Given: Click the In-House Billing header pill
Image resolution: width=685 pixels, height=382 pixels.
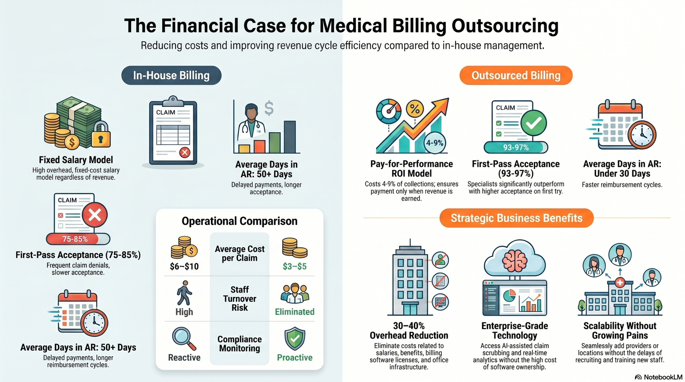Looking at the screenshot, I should [171, 75].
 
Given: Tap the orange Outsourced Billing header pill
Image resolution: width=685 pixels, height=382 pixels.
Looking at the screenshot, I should [516, 75].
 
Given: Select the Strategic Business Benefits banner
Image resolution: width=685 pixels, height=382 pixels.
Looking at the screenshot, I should [516, 218].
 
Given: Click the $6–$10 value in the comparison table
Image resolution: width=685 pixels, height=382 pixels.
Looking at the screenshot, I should [184, 267].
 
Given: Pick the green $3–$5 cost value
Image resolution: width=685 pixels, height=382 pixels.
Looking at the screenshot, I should [295, 267].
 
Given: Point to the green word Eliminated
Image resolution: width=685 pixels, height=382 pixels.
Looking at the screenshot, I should [295, 312].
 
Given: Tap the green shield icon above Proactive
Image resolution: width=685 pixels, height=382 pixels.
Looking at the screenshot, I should [295, 339].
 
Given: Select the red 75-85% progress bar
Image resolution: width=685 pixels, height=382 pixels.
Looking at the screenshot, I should [77, 239].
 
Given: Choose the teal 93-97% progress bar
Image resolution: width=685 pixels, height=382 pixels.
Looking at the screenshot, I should [516, 147].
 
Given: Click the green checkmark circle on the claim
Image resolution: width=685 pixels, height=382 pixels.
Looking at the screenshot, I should [533, 123].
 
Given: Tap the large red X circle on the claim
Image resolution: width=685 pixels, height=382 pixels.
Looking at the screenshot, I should [95, 215].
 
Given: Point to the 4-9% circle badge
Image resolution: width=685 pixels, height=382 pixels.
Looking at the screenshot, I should [435, 142].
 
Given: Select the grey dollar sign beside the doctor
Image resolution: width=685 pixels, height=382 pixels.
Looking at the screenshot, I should [269, 108].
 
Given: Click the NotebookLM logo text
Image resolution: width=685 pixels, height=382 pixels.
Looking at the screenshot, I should [663, 377].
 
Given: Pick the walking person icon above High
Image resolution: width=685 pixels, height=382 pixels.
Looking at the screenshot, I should [184, 293].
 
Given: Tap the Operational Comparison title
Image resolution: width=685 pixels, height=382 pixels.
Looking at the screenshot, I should [239, 221].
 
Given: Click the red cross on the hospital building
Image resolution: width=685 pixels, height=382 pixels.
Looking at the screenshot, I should [619, 282].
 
